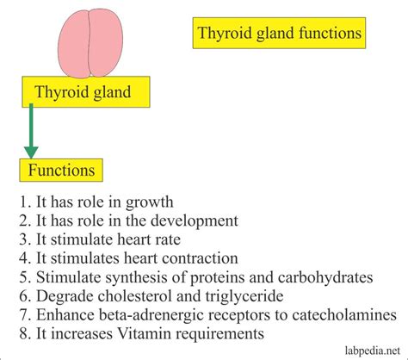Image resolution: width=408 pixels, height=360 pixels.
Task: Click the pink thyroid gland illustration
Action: (x=90, y=43)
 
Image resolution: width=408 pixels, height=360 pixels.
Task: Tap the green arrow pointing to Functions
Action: (x=31, y=131)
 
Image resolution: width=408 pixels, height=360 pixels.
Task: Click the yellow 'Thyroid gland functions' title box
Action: (x=279, y=33)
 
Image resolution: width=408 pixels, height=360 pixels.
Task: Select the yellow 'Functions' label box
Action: (x=61, y=170)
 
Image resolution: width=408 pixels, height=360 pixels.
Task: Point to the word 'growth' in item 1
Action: (x=150, y=202)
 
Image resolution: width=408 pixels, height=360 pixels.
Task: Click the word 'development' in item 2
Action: (x=195, y=221)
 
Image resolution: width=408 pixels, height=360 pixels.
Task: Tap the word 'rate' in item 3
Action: (x=168, y=239)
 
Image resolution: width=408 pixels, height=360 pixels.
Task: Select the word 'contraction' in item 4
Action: (x=200, y=258)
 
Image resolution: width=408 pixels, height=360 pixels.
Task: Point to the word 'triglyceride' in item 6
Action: (x=244, y=297)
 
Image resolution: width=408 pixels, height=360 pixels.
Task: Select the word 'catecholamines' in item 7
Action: (x=344, y=314)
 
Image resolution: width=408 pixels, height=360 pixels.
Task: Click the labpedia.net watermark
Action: (x=373, y=351)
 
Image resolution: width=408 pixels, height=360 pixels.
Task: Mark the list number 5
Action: (x=23, y=277)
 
